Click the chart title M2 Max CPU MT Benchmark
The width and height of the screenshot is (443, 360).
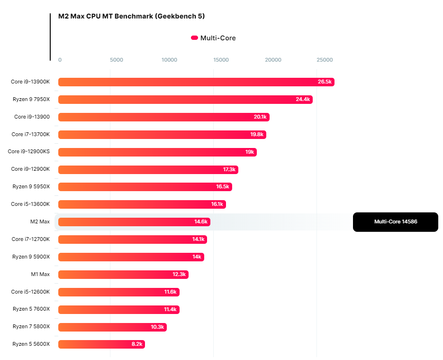tap(131, 16)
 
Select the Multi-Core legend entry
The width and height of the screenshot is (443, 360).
tap(213, 38)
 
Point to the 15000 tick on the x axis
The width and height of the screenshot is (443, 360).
tap(221, 60)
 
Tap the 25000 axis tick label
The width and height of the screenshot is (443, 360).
tap(325, 60)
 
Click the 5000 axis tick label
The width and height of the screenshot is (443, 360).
tap(116, 60)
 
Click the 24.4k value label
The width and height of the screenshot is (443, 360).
tap(302, 100)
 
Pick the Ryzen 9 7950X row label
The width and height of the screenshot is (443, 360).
tap(31, 100)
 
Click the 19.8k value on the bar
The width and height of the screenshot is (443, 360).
tap(257, 135)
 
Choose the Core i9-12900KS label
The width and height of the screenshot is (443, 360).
tap(29, 152)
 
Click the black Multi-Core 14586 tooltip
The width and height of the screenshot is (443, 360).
tap(395, 222)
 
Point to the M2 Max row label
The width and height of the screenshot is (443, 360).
tap(40, 222)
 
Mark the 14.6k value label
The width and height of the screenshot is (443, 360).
tap(201, 222)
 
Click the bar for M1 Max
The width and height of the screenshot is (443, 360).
tap(123, 274)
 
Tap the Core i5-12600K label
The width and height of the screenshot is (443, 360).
tap(30, 292)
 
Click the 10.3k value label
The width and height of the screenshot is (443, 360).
tap(157, 327)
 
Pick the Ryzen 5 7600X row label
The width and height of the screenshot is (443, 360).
tap(31, 309)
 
